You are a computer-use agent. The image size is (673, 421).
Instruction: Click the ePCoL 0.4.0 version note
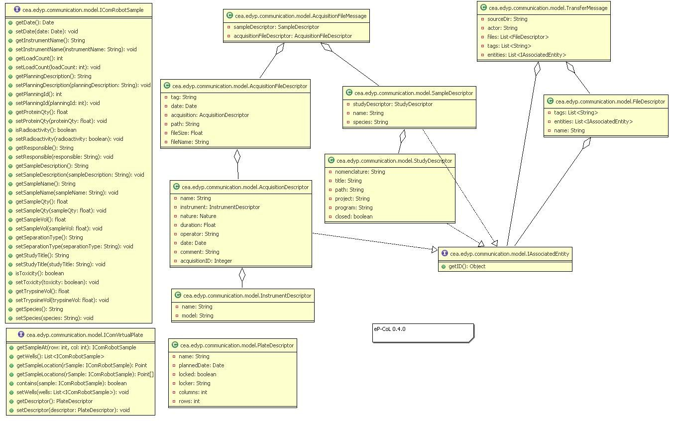[390, 329]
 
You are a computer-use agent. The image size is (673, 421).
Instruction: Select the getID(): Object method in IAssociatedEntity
[467, 266]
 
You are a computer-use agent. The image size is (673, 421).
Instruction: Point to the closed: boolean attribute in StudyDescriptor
[353, 216]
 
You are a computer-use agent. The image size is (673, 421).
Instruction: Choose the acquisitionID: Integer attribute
[206, 261]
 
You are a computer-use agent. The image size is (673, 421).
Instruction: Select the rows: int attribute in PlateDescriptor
[189, 401]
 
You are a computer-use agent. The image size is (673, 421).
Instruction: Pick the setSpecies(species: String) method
[54, 318]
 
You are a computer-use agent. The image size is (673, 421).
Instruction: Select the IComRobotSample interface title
[83, 9]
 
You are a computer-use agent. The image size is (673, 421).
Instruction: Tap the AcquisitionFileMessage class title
[300, 16]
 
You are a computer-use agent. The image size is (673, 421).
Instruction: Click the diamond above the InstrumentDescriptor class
[242, 274]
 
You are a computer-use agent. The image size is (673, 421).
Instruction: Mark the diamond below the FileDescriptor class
[587, 143]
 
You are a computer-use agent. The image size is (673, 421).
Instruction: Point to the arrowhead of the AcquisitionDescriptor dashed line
[435, 249]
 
